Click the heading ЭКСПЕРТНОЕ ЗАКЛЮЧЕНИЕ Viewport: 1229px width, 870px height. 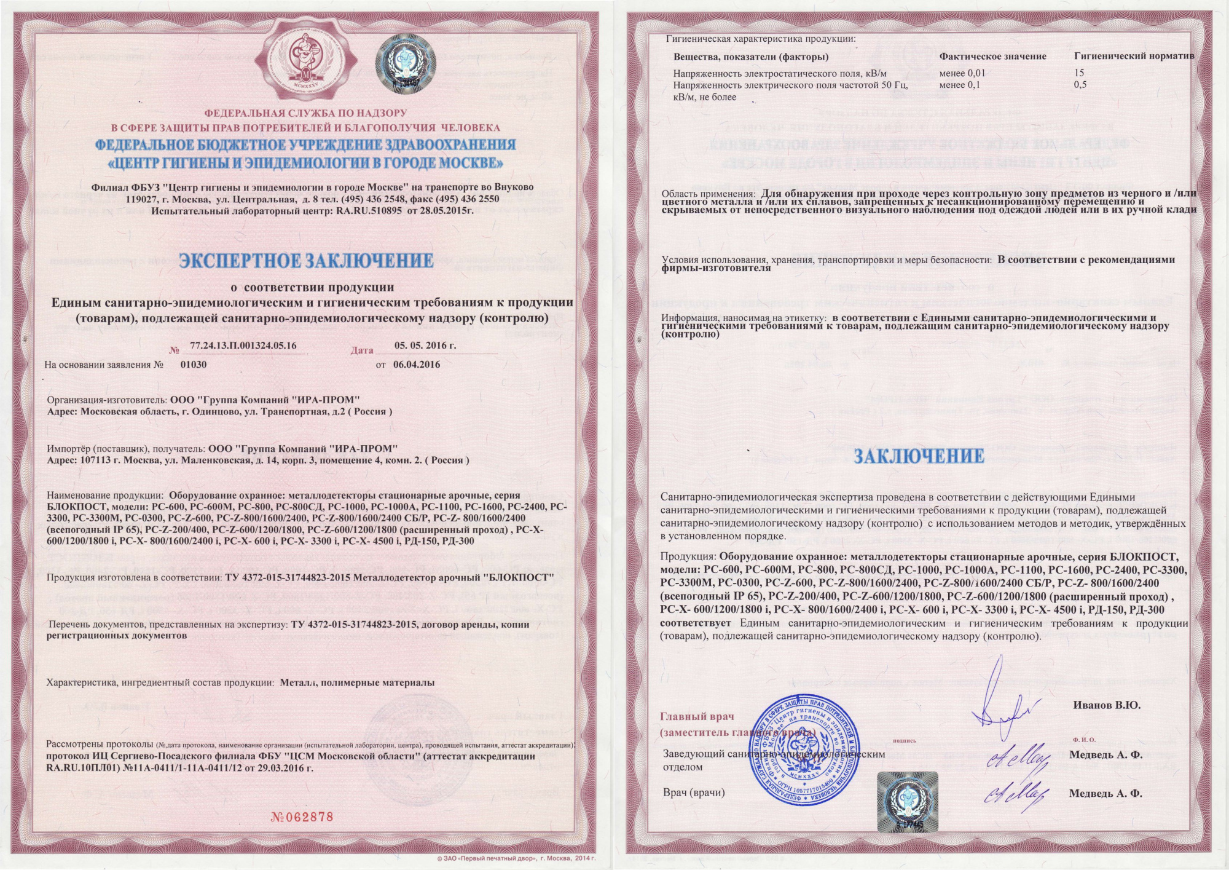(307, 261)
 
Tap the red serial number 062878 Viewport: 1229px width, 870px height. (302, 817)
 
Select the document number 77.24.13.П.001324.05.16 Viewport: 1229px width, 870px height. (243, 346)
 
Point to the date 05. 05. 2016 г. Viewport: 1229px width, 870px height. (425, 346)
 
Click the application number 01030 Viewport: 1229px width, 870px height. (194, 364)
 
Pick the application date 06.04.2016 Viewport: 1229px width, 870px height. (417, 364)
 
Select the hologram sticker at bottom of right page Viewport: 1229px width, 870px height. (907, 801)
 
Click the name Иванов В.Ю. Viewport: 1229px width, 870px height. (1107, 705)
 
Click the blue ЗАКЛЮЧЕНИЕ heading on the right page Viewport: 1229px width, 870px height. (919, 456)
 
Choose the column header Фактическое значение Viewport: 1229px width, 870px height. (992, 57)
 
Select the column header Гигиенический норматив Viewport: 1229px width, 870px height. (1134, 56)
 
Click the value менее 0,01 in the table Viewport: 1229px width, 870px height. (962, 73)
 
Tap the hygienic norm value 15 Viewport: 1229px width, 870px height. (1079, 73)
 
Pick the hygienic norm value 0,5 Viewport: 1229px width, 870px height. (1080, 85)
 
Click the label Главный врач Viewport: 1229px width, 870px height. (697, 716)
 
